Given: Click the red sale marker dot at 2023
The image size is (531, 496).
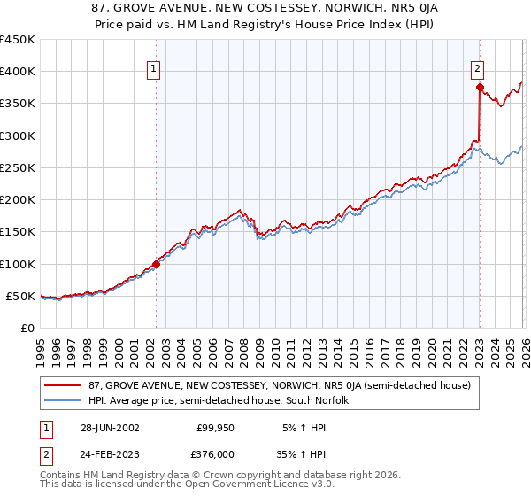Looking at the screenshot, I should pos(479,87).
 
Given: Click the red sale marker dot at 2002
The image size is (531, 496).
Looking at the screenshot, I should pos(157,263).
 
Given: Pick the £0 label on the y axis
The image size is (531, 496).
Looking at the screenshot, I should pos(27,328).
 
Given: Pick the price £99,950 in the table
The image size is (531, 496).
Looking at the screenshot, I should pos(215,427).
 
